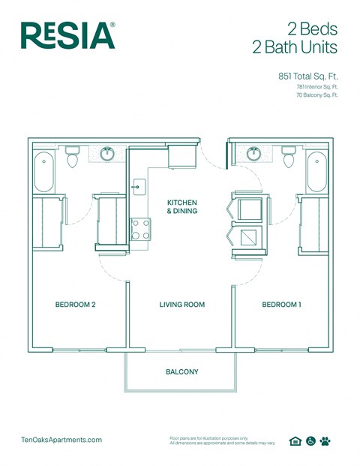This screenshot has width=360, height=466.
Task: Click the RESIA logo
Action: [x=67, y=35]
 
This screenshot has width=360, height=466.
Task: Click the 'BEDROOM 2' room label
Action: [x=75, y=305]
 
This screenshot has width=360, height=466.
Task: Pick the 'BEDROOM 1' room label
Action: [x=281, y=305]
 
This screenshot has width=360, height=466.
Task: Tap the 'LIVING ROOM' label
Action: [x=181, y=305]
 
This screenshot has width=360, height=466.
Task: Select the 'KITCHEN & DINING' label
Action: [x=181, y=207]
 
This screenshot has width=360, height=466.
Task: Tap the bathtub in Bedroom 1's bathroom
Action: [x=316, y=172]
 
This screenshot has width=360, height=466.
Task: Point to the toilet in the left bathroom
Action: [x=73, y=158]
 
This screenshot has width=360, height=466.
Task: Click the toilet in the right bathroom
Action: [x=288, y=158]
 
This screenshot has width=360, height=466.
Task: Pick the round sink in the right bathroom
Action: [x=253, y=155]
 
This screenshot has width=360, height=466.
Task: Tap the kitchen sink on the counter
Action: [x=138, y=186]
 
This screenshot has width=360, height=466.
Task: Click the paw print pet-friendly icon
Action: [x=325, y=441]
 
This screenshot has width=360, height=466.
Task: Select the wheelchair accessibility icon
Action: [x=310, y=441]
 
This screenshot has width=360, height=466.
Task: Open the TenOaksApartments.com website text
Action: [x=63, y=440]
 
